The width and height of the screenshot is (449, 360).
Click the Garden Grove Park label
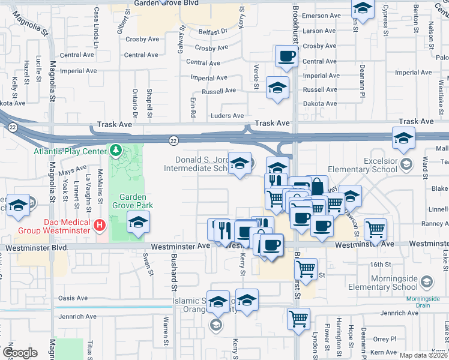136,201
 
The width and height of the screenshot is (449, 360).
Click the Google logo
19,353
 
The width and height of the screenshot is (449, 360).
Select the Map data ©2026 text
424,355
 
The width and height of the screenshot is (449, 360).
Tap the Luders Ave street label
228,116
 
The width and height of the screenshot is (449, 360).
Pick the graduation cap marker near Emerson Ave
363,8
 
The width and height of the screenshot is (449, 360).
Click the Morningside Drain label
424,299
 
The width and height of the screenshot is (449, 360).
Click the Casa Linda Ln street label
96,28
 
